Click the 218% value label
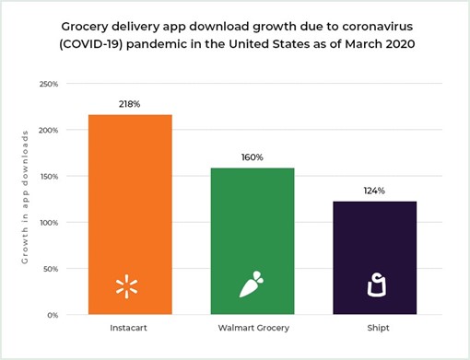coord(129,104)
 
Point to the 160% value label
coord(252,157)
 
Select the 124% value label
coord(374,191)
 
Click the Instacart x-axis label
coord(129,327)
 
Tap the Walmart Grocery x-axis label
coord(252,327)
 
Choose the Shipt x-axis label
coord(374,327)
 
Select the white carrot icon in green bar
coord(252,286)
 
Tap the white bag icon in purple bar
coord(374,286)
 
